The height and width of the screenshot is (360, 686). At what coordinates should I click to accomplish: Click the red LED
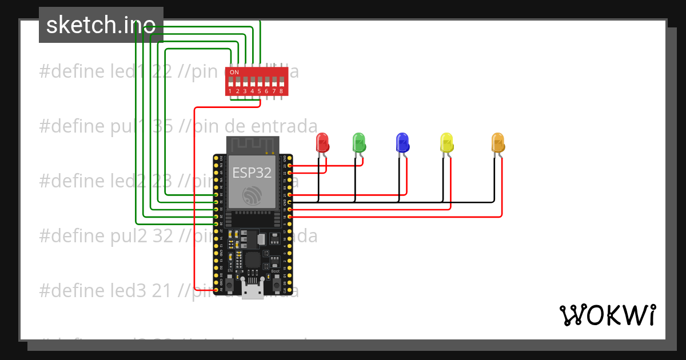pyautogui.click(x=322, y=142)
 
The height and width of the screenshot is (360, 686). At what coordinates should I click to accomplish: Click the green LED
pyautogui.click(x=358, y=142)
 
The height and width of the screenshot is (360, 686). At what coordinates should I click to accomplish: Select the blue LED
pyautogui.click(x=402, y=142)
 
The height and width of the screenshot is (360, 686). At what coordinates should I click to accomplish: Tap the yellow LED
pyautogui.click(x=446, y=142)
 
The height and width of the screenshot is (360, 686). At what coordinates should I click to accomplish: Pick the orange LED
pyautogui.click(x=497, y=142)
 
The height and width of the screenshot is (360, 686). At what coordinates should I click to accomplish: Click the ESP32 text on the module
pyautogui.click(x=252, y=173)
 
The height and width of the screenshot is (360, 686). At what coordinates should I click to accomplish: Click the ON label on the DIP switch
pyautogui.click(x=234, y=73)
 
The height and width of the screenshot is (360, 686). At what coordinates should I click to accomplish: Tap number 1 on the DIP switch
pyautogui.click(x=230, y=91)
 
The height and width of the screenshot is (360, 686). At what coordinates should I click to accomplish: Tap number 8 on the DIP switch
pyautogui.click(x=281, y=91)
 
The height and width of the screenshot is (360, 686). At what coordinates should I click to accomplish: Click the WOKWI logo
pyautogui.click(x=607, y=315)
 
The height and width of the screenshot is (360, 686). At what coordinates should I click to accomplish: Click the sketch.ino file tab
pyautogui.click(x=101, y=25)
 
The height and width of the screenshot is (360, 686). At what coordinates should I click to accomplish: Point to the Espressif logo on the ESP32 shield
pyautogui.click(x=252, y=195)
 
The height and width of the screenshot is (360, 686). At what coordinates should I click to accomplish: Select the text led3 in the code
pyautogui.click(x=131, y=291)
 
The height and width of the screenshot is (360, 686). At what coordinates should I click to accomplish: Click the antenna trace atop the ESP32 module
pyautogui.click(x=252, y=145)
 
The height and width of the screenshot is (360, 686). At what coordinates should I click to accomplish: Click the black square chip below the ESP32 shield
pyautogui.click(x=252, y=259)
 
